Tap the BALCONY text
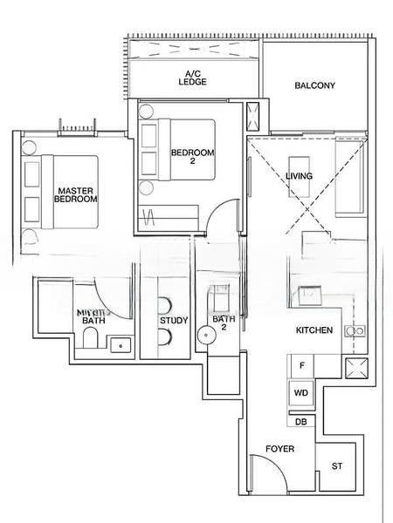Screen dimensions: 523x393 click(315, 85)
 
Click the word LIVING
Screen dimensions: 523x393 click(299, 176)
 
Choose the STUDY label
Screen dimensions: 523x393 click(173, 321)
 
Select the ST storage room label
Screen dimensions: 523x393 click(337, 466)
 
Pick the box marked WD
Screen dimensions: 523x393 click(301, 393)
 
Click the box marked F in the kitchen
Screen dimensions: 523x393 click(301, 366)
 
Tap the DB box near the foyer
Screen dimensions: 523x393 click(300, 421)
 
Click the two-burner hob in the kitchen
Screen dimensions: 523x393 click(355, 331)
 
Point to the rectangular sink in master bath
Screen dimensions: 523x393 click(123, 345)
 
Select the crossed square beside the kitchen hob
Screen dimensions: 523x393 click(355, 366)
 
